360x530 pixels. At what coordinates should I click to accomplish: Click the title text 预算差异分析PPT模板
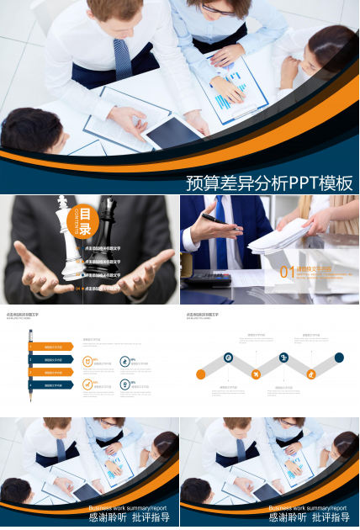[x=268, y=182]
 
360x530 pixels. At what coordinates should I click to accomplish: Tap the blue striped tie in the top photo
[x=123, y=59]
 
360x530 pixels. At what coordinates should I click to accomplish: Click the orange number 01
[x=287, y=272]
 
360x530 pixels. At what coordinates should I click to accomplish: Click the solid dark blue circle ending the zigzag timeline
[x=339, y=358]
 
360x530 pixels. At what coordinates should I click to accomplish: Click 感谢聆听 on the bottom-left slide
[x=106, y=518]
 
